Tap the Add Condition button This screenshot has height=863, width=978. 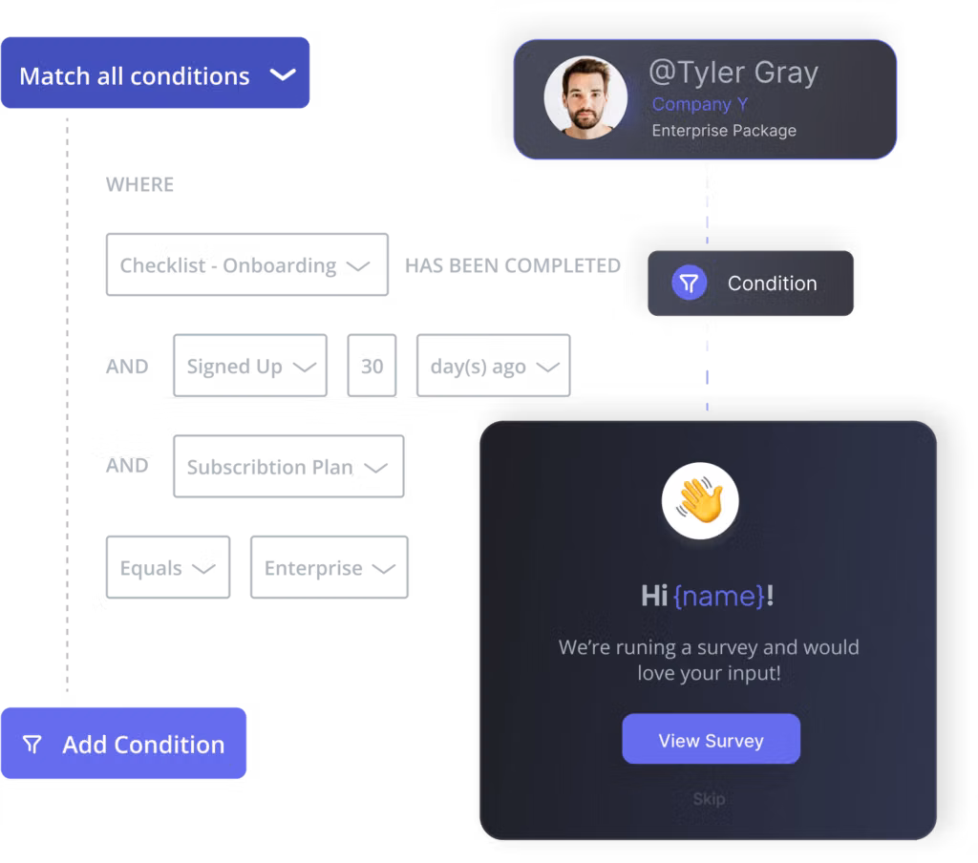(123, 744)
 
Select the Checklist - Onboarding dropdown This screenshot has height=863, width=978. (246, 265)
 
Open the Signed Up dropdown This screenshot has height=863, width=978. (249, 366)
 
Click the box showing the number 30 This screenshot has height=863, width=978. (372, 366)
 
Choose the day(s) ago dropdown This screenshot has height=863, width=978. (493, 366)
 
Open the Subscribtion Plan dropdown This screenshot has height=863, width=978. (287, 467)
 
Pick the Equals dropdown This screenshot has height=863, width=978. (167, 568)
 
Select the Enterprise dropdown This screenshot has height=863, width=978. (329, 568)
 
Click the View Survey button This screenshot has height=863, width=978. (711, 740)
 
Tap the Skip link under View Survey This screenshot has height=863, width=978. (709, 798)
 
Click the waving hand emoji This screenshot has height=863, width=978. (700, 502)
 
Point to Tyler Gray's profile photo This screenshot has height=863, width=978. (585, 98)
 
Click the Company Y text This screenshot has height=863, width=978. (700, 104)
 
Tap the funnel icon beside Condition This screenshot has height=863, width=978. (689, 283)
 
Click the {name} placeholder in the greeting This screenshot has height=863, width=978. (719, 597)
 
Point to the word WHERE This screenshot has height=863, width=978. (139, 184)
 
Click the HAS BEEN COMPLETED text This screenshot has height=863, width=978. (513, 265)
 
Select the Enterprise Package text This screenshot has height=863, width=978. (723, 131)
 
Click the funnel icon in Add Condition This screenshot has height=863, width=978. (32, 745)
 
